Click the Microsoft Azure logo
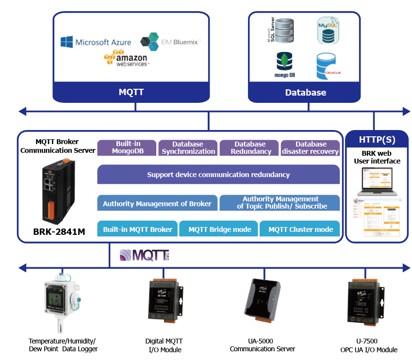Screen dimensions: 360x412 [x=96, y=42]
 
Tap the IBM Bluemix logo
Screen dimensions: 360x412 [x=170, y=42]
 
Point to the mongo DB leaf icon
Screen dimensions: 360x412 [x=283, y=62]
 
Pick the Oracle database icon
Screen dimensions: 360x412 [x=327, y=67]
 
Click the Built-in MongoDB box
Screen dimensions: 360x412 [x=127, y=147]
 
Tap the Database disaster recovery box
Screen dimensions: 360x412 [x=311, y=147]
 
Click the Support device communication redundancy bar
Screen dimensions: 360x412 [x=218, y=175]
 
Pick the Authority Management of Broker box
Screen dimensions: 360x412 [x=157, y=203]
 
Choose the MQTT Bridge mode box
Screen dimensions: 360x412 [x=220, y=229]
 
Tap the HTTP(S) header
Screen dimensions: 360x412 [x=377, y=140]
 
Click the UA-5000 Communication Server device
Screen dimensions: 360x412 [x=263, y=299]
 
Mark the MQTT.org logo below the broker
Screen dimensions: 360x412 [x=144, y=255]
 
